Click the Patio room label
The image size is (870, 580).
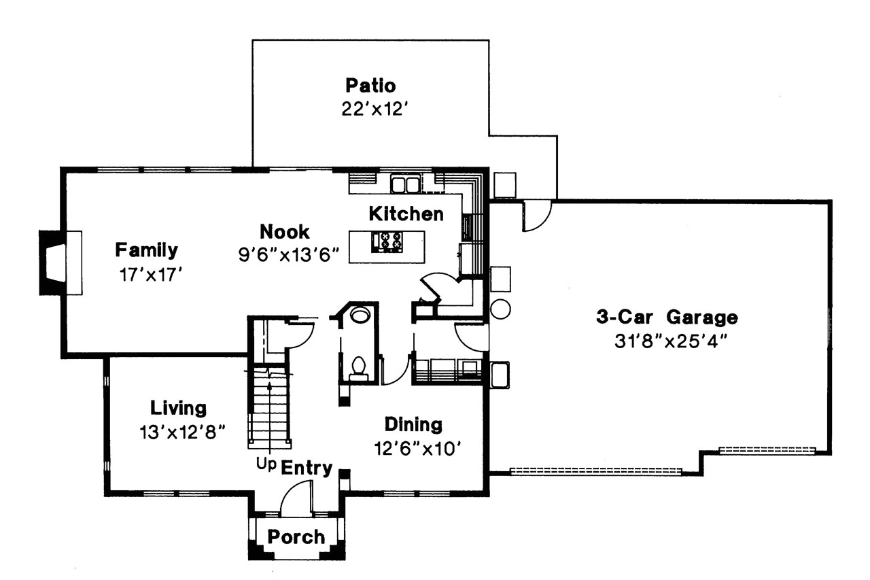(370, 86)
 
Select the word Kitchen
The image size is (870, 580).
(406, 214)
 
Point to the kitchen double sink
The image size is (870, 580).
(406, 184)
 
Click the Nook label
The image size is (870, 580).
(284, 232)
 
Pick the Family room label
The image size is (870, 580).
(146, 250)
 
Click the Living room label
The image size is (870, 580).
(178, 408)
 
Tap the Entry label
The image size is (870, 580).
(307, 468)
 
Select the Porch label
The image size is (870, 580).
(296, 537)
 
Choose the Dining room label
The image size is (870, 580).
(413, 425)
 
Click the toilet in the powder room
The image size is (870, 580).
(358, 368)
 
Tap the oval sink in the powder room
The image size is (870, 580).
(360, 315)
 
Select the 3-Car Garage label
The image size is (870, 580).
(667, 317)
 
